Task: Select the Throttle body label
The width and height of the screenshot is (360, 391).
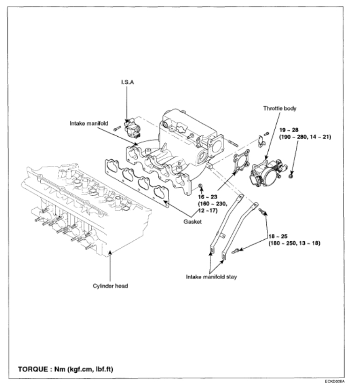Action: (279, 109)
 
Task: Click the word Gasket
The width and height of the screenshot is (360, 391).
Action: (193, 221)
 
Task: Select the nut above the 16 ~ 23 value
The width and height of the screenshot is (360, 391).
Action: (200, 188)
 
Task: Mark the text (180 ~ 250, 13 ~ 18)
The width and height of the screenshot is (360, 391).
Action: (294, 244)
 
